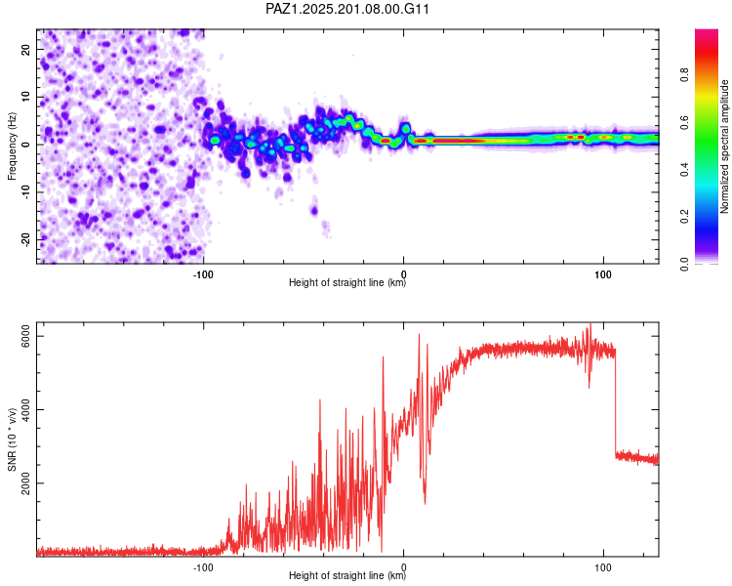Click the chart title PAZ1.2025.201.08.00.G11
click(346, 9)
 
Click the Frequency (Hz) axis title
click(12, 146)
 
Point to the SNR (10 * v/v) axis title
click(12, 439)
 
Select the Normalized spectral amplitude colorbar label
click(724, 146)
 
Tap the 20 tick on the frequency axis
click(26, 49)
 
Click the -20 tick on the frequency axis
click(26, 239)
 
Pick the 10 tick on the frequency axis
click(26, 97)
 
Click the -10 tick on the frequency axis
click(26, 192)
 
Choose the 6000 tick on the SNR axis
click(26, 336)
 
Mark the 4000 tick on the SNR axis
click(26, 410)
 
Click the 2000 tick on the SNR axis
click(26, 483)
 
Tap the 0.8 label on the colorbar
click(684, 75)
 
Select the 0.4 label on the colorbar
click(684, 170)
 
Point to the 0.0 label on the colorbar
click(684, 264)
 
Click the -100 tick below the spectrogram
click(203, 274)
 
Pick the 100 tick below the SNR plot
click(603, 567)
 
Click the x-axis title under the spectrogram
click(347, 282)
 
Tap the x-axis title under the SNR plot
click(347, 575)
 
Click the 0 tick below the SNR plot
click(404, 567)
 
